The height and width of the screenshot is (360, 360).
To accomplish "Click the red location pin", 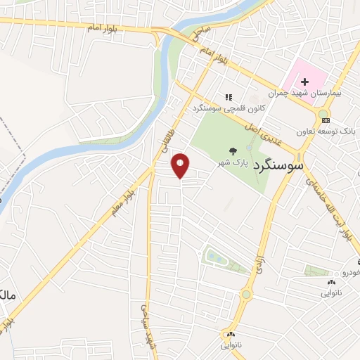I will click(181, 165).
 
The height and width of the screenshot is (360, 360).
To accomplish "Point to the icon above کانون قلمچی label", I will click(228, 97).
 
